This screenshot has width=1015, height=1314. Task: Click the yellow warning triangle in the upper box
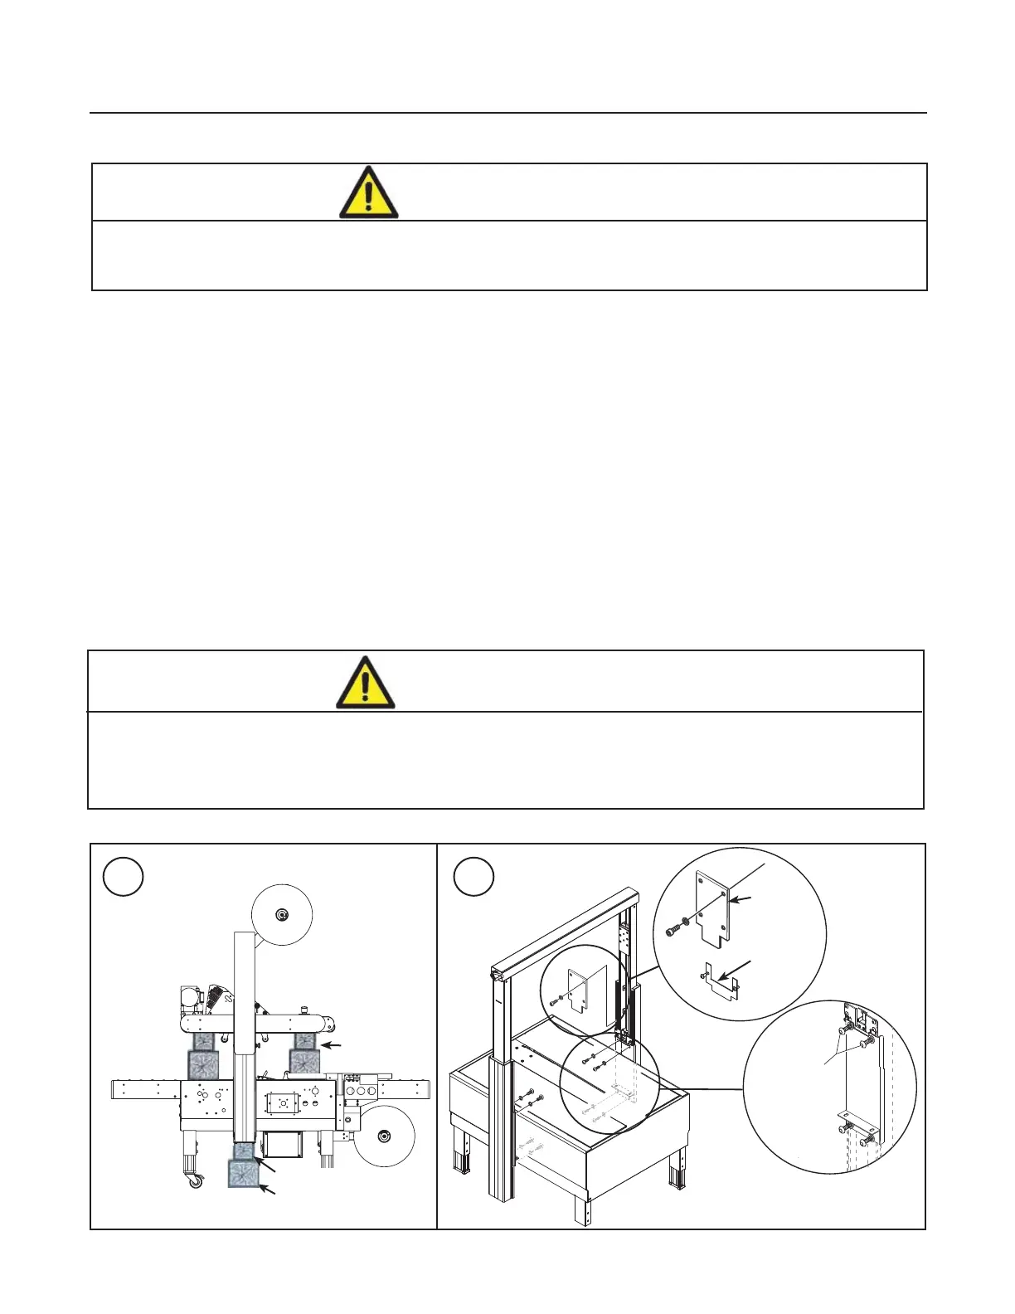(368, 193)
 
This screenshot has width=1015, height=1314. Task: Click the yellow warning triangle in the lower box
(365, 684)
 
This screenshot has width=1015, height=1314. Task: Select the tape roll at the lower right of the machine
(384, 1135)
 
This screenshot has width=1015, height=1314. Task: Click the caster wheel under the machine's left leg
(195, 1181)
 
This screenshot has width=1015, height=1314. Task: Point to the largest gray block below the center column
(245, 1173)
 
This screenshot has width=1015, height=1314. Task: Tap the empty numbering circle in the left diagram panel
(124, 876)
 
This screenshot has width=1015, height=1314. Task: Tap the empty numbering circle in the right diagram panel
(474, 876)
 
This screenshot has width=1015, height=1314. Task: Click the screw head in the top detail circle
(671, 931)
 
